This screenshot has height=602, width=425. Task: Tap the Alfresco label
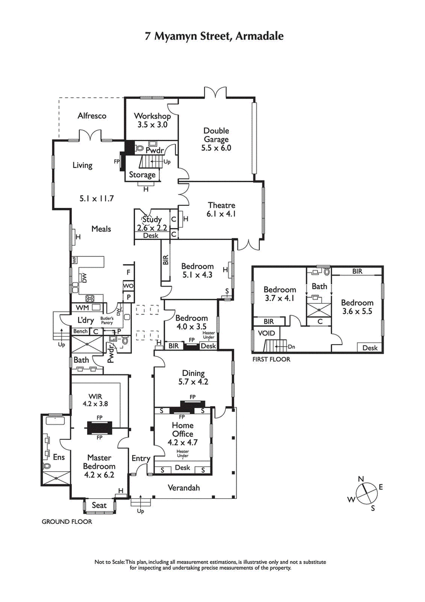(92, 115)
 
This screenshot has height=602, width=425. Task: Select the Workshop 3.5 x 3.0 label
(152, 120)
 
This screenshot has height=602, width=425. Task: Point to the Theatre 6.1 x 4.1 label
(222, 210)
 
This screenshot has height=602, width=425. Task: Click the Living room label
(82, 165)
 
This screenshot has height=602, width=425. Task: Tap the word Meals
(101, 229)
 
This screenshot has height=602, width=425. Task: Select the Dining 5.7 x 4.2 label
(193, 377)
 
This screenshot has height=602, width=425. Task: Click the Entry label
(141, 458)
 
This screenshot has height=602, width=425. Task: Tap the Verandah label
(183, 487)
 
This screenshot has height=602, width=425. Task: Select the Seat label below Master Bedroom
(99, 505)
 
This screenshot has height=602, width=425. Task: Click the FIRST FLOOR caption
(271, 359)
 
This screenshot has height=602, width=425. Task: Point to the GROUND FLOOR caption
(67, 522)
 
